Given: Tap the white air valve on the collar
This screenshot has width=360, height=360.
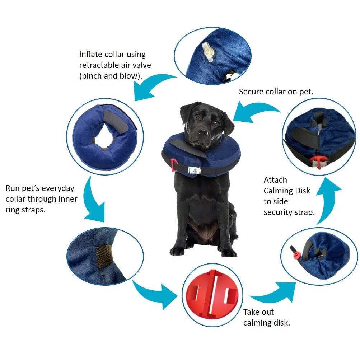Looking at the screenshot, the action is pos(207,52).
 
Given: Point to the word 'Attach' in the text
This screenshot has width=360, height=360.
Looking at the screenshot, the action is pos(275,180).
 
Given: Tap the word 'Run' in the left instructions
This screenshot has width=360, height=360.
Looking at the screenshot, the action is pos(13,188).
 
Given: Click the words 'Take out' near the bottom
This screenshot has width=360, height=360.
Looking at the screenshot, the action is pos(258,312).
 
